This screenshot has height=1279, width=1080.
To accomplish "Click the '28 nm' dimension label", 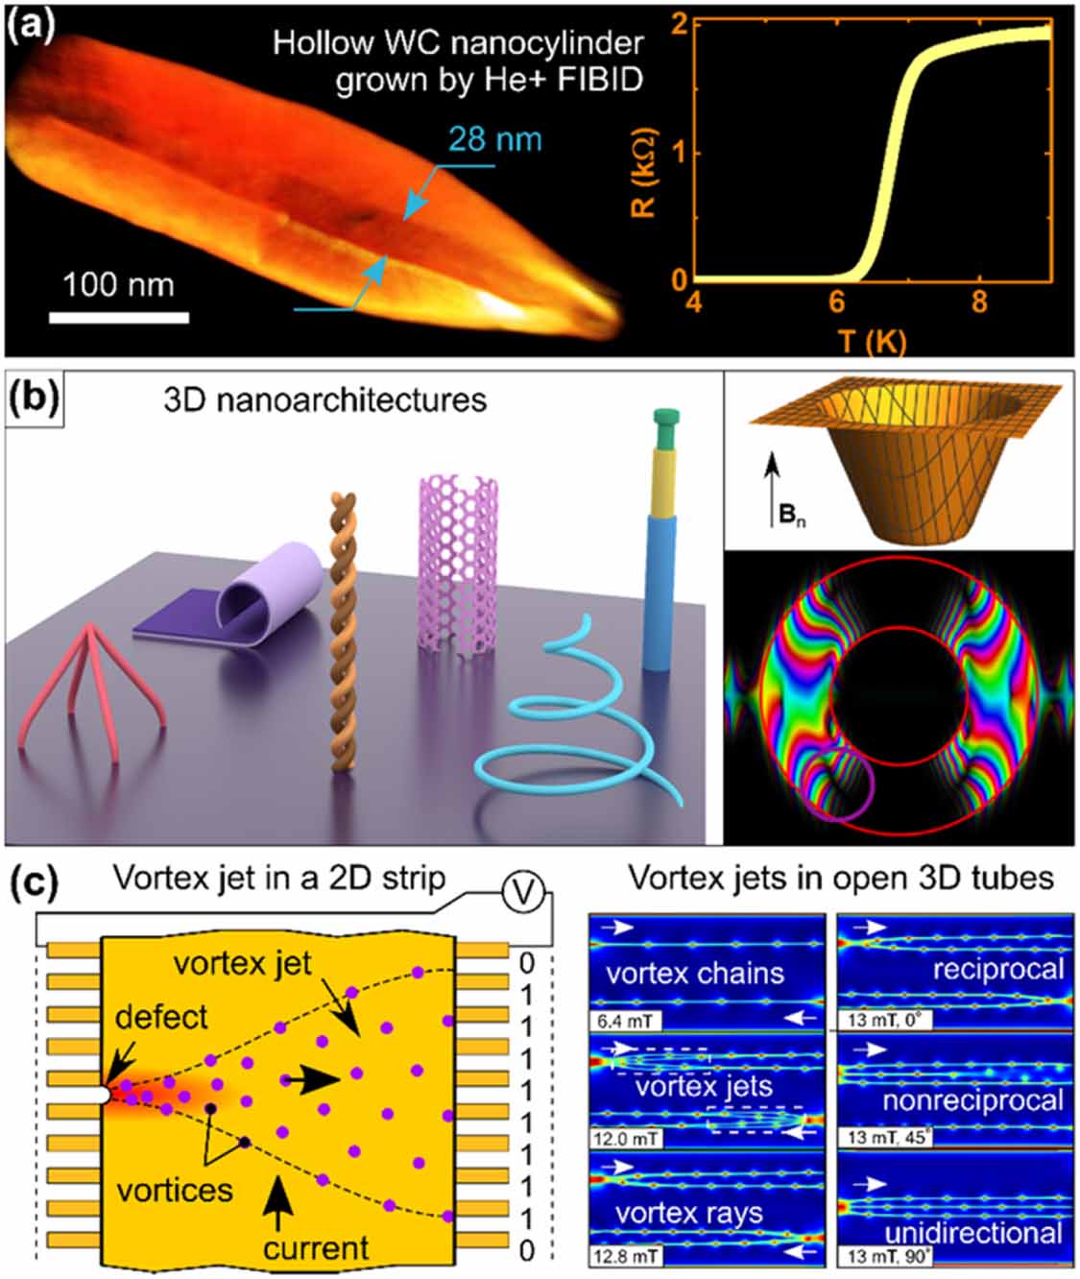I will (495, 139).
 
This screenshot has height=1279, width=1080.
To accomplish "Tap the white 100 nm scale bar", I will (119, 316).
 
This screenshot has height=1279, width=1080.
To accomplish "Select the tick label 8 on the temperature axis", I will (978, 302).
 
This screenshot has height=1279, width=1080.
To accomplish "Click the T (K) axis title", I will (871, 340).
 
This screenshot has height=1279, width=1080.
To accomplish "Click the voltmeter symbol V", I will (524, 894).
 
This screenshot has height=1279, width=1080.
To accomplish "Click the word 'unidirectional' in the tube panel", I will (972, 1232).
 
